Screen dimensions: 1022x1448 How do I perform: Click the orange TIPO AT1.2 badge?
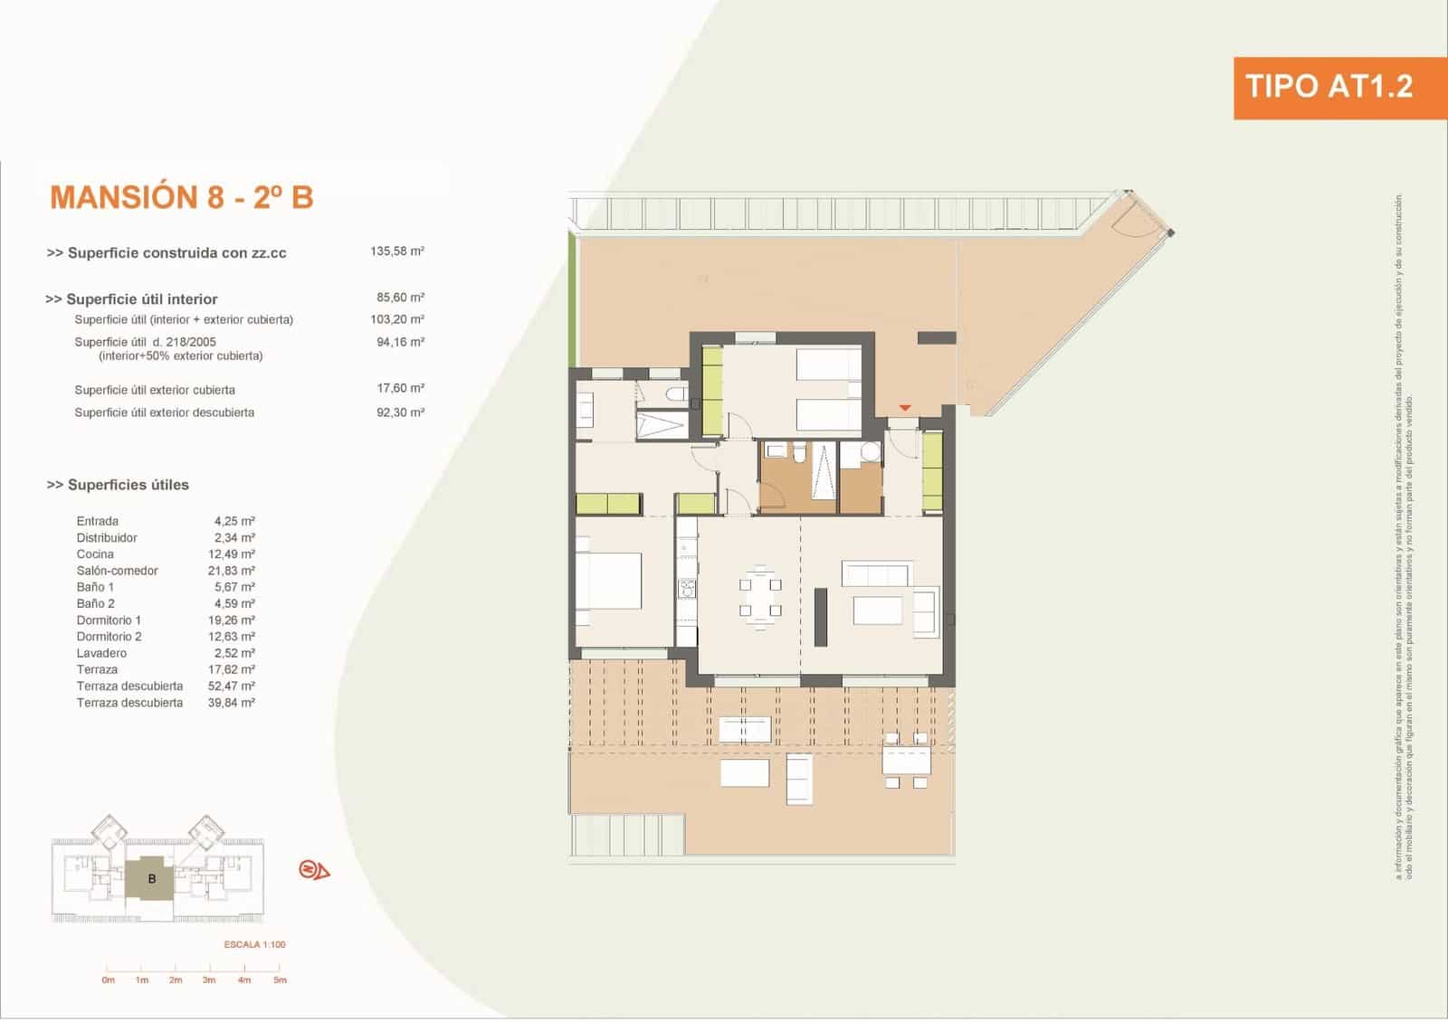point(1328,88)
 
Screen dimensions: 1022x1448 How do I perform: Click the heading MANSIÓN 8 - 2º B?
point(182,197)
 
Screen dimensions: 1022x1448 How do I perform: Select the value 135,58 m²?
point(396,251)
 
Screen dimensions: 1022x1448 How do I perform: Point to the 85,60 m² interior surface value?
point(400,298)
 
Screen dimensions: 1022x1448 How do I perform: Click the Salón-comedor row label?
point(117,571)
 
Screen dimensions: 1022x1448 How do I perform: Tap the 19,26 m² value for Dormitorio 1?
point(231,620)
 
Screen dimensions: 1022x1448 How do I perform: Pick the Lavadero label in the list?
point(101,653)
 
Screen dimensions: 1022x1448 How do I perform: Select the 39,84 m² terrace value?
point(231,703)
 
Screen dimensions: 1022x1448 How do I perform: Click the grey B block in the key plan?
point(151,878)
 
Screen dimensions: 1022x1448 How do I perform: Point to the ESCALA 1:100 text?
point(254,944)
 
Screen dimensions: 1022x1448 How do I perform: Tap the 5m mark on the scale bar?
point(280,979)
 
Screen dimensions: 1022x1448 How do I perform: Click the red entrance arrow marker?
point(904,408)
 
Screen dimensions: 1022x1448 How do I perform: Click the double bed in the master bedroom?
point(610,582)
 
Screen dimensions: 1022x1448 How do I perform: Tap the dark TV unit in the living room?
point(821,617)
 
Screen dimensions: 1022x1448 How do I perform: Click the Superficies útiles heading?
point(119,485)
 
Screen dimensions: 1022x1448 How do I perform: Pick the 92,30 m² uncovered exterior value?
point(400,412)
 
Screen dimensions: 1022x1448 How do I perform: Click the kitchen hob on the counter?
point(687,589)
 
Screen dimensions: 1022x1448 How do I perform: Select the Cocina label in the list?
point(95,554)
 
